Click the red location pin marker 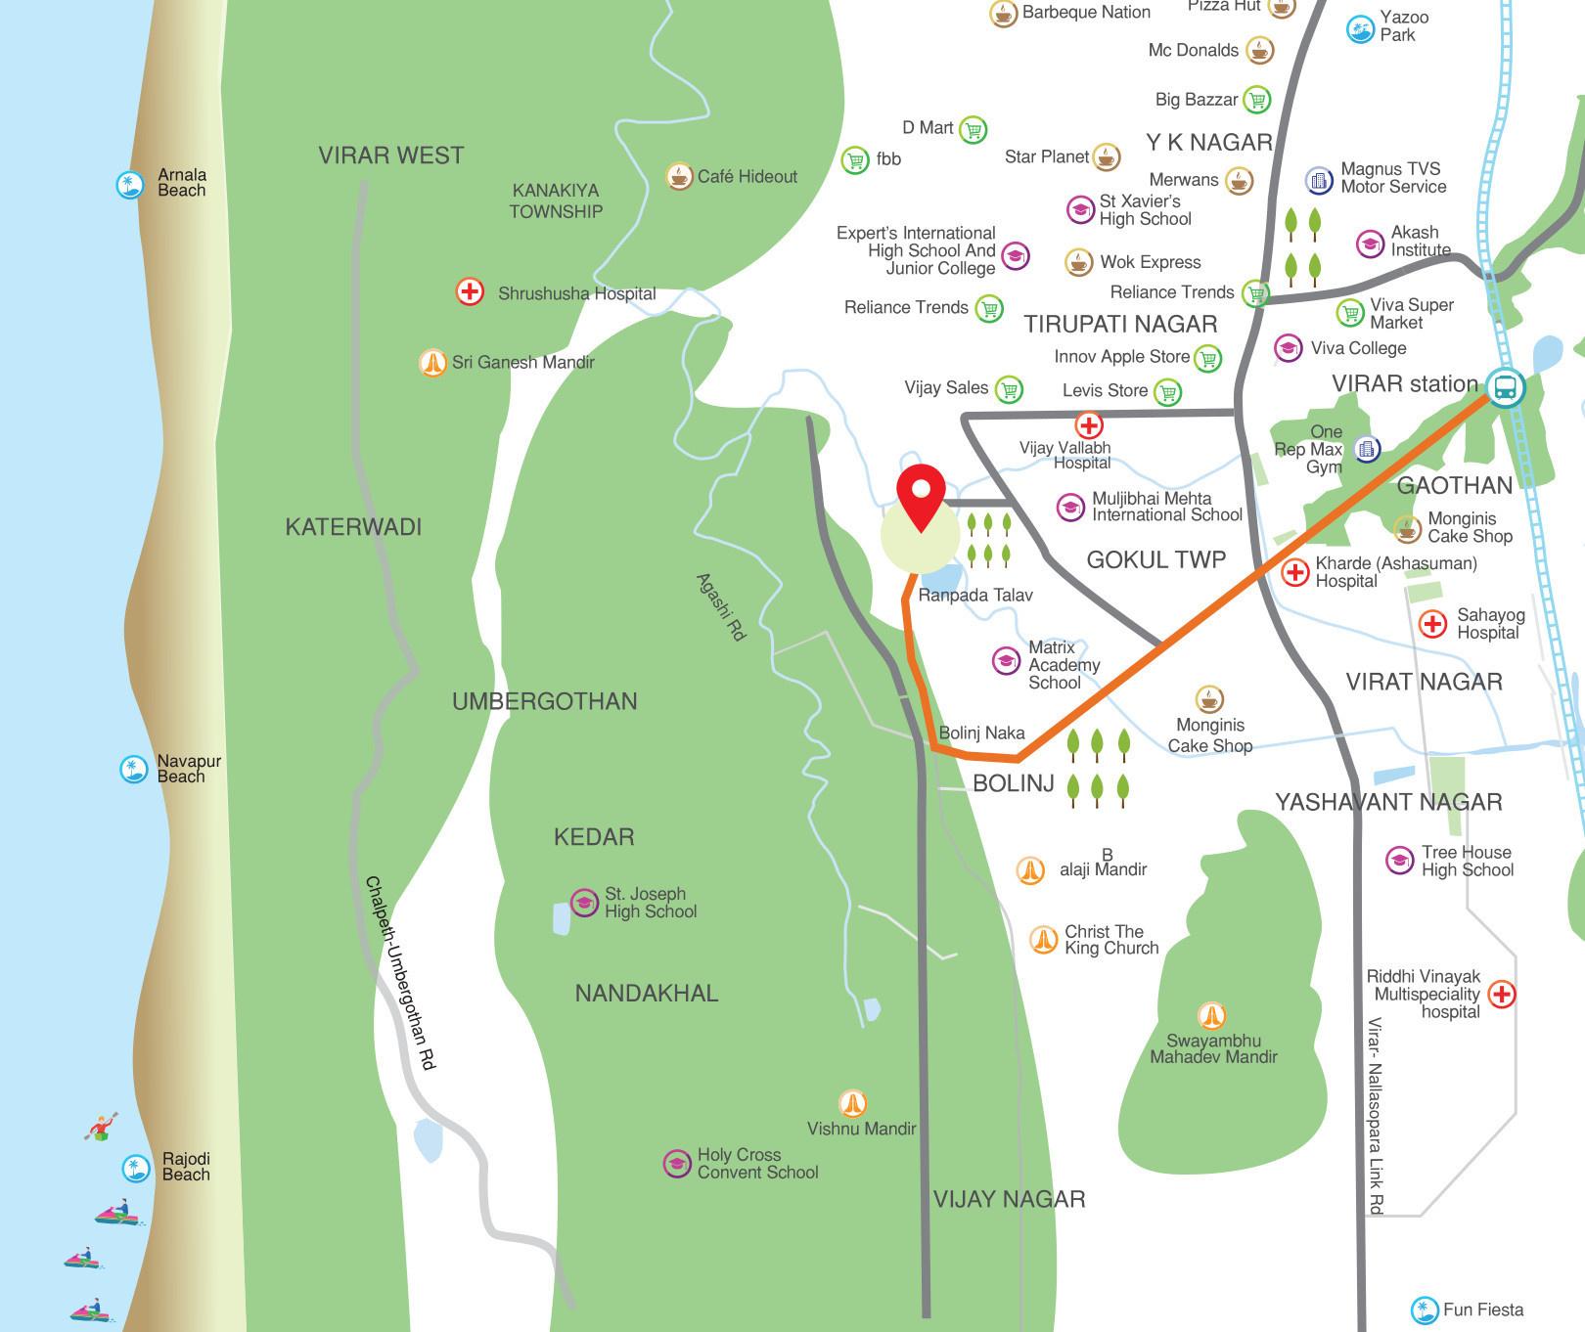(x=920, y=494)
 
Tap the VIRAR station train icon (x=1504, y=386)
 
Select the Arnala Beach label (x=181, y=183)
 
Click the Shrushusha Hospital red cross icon (x=470, y=291)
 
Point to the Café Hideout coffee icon (x=679, y=176)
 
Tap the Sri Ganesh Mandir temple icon (x=431, y=363)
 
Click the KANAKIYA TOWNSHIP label (x=556, y=200)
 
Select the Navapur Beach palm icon (x=132, y=769)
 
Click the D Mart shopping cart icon (x=973, y=129)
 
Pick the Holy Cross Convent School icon (x=677, y=1164)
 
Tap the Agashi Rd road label (x=721, y=606)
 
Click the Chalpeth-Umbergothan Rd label (x=401, y=972)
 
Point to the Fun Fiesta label (x=1482, y=1310)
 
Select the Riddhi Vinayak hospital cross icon (x=1501, y=995)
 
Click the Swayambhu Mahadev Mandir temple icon (x=1212, y=1015)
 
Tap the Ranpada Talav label (x=974, y=595)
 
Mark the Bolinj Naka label (x=981, y=733)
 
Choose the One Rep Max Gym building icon (x=1367, y=449)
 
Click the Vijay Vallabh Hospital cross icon (x=1088, y=425)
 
